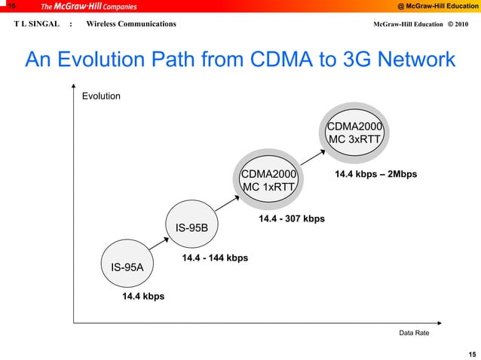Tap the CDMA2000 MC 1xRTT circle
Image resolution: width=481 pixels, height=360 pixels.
[269, 181]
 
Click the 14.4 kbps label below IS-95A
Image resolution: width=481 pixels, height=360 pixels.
[143, 297]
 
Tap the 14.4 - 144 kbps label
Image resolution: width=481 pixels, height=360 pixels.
[215, 258]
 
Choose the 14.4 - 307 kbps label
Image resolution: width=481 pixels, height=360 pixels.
[292, 219]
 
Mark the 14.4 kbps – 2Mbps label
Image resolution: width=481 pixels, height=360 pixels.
[375, 175]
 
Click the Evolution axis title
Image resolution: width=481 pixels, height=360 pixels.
[101, 96]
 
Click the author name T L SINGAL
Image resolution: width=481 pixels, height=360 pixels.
[36, 24]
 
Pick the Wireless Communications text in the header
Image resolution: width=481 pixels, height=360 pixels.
[131, 24]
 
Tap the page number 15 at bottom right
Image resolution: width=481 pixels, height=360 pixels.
[471, 353]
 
